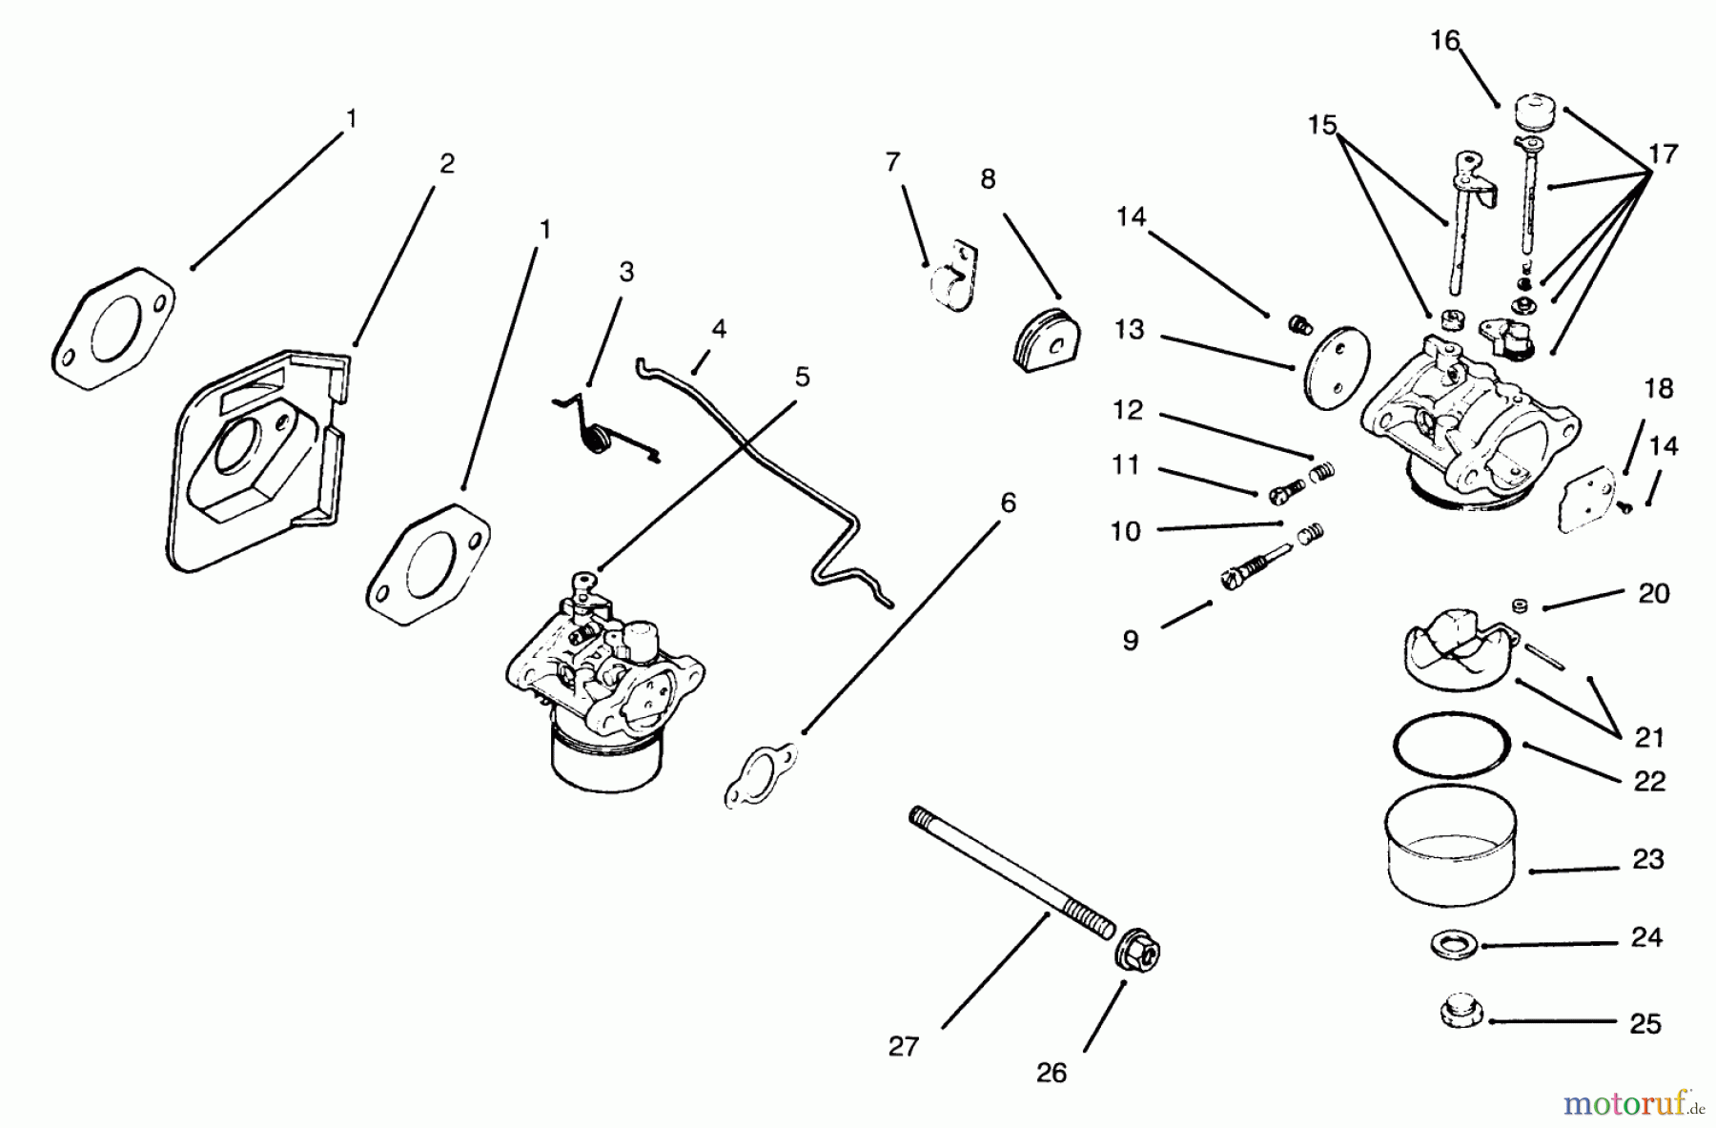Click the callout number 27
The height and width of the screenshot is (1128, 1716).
click(903, 1047)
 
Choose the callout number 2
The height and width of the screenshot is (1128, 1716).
click(446, 164)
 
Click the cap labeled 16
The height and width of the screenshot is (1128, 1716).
click(1535, 110)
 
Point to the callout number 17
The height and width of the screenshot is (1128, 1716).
click(1662, 154)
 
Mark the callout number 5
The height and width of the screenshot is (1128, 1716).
click(802, 378)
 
